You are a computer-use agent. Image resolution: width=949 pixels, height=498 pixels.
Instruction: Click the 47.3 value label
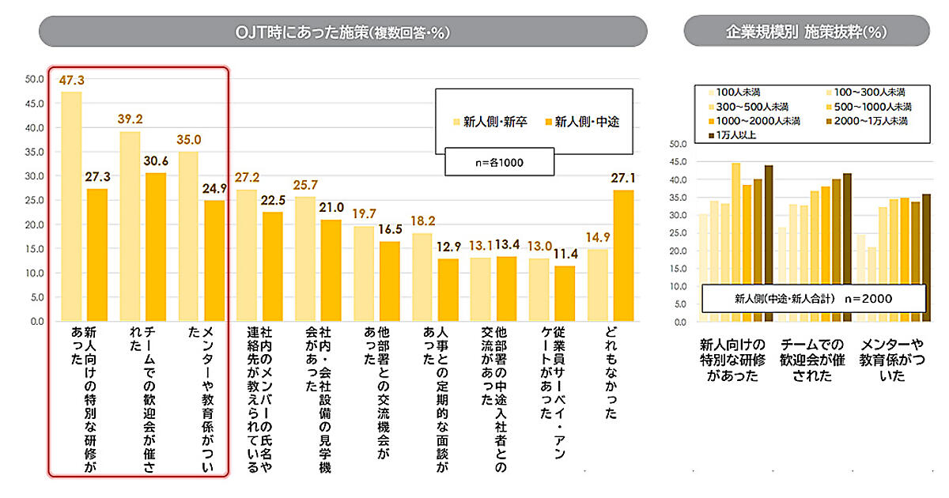click(71, 80)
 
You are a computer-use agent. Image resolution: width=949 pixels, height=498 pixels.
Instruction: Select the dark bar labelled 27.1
click(623, 255)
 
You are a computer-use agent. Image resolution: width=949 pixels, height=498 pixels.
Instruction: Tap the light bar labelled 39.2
click(130, 226)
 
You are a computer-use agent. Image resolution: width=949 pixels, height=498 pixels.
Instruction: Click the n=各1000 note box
click(498, 163)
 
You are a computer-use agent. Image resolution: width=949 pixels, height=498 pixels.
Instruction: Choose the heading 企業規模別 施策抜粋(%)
click(807, 32)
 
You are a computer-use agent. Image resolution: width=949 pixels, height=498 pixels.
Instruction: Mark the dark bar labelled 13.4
click(506, 289)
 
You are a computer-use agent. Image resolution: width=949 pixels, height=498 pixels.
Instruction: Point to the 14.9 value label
click(599, 237)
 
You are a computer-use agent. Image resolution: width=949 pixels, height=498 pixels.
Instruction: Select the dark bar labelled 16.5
click(389, 281)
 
